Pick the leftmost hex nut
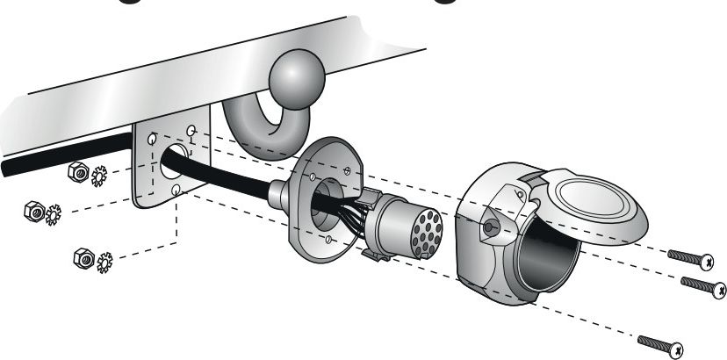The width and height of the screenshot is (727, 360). point(32,212)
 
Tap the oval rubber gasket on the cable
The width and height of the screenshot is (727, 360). point(329,197)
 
